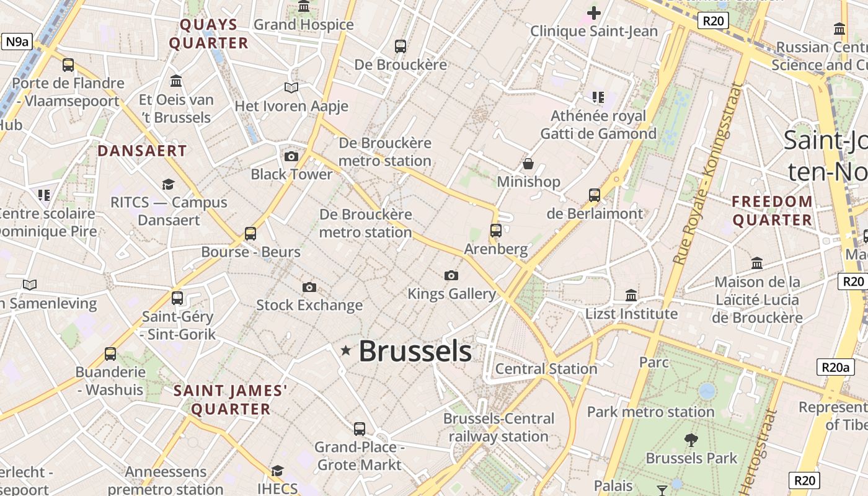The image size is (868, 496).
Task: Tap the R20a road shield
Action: click(835, 367)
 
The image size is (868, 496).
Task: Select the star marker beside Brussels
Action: click(346, 351)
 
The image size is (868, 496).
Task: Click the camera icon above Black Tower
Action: click(291, 156)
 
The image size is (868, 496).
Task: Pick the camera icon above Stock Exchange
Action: click(309, 287)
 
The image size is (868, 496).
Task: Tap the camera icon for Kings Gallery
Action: click(451, 275)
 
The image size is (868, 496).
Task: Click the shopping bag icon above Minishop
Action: click(528, 164)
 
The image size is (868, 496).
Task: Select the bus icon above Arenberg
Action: click(496, 231)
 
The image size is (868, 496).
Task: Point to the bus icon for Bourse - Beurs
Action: click(250, 234)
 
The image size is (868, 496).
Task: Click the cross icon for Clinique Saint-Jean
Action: click(594, 12)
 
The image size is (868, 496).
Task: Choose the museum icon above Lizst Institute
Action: click(631, 295)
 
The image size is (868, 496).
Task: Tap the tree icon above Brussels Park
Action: click(691, 440)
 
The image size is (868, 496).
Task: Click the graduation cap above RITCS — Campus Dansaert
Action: click(168, 184)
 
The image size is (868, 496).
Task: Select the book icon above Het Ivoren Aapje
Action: click(291, 88)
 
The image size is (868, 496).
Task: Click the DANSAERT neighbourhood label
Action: click(142, 151)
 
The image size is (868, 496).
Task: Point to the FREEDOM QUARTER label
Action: click(772, 211)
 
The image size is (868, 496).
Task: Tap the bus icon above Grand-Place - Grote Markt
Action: click(360, 428)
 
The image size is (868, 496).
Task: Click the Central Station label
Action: click(546, 369)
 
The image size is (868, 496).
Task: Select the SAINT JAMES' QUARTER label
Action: click(230, 400)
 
